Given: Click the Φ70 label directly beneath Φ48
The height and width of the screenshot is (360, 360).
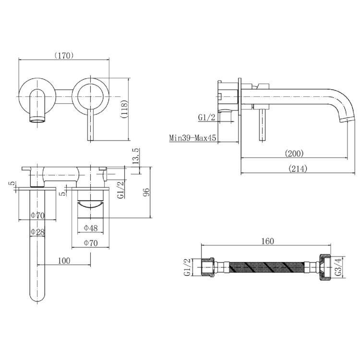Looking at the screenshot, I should click(x=90, y=243).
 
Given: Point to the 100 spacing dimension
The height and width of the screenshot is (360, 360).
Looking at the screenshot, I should click(x=64, y=261).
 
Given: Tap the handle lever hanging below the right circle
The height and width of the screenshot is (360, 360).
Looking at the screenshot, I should click(x=90, y=125).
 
